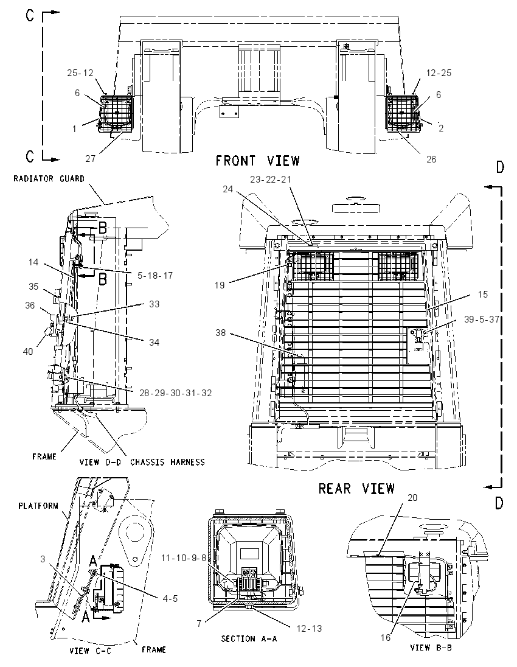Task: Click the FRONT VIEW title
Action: pos(258,161)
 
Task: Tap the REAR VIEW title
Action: pos(356,489)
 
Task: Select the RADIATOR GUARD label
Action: pos(49,179)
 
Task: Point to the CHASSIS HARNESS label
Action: pos(167,462)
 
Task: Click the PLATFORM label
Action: pos(38,506)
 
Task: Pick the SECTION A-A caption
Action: pos(249,638)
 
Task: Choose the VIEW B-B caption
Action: pos(431,648)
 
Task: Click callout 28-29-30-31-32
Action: pos(176,393)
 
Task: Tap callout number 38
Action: pos(220,333)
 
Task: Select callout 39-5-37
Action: pos(481,319)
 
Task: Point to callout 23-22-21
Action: pos(271,180)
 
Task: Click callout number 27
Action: pos(90,159)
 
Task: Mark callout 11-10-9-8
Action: pos(184,557)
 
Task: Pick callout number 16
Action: pos(386,637)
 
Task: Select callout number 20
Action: pos(412,497)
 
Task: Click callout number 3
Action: pos(43,559)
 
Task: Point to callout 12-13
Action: pos(308,628)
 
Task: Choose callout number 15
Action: pos(482,295)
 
